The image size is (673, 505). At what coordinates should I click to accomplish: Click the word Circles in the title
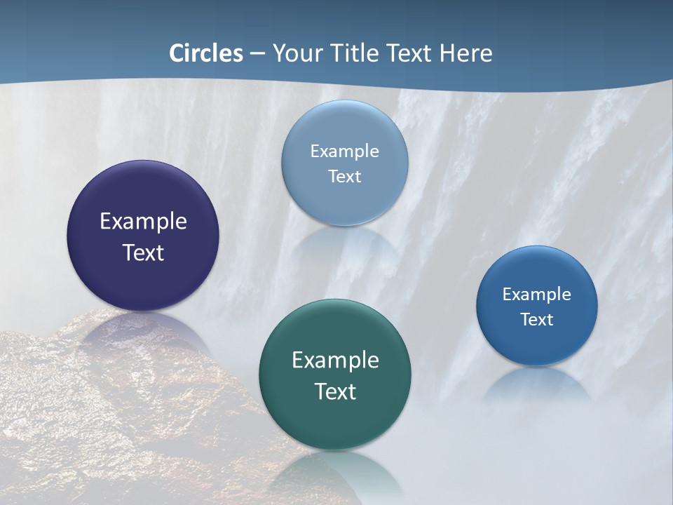[206, 53]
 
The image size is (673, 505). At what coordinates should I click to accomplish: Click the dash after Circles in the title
[257, 54]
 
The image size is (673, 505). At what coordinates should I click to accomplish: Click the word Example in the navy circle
[143, 222]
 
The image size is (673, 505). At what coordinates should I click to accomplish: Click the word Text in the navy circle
[143, 252]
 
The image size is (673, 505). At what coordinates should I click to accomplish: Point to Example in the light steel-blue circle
[344, 151]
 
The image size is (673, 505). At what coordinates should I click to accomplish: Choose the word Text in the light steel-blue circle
[344, 176]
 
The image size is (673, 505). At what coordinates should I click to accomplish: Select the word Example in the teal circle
[335, 361]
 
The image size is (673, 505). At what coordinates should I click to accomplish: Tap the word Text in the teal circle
[335, 391]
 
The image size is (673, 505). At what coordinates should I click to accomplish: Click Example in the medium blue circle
[537, 294]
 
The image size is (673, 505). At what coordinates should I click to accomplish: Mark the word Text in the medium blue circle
[537, 320]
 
